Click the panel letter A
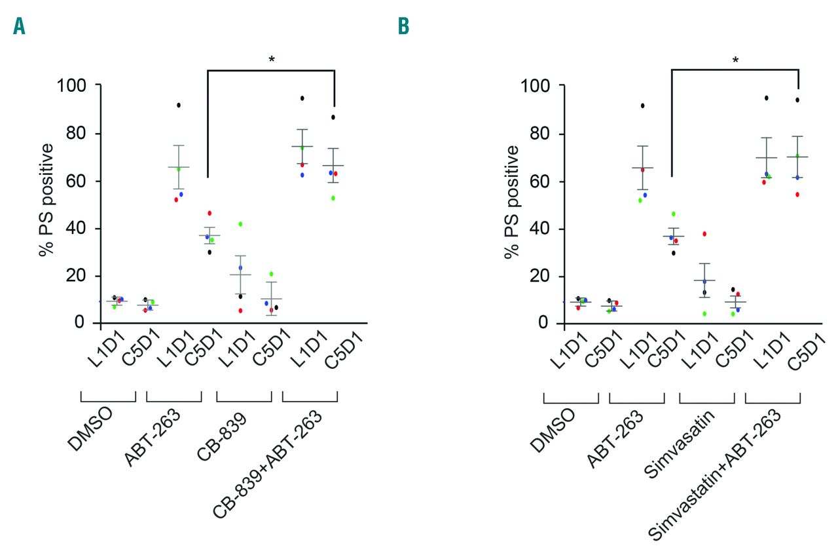coord(19,26)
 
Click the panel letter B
coord(404,26)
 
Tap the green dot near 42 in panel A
coord(240,224)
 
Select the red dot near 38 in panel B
coord(704,234)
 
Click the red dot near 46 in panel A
coord(209,213)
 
